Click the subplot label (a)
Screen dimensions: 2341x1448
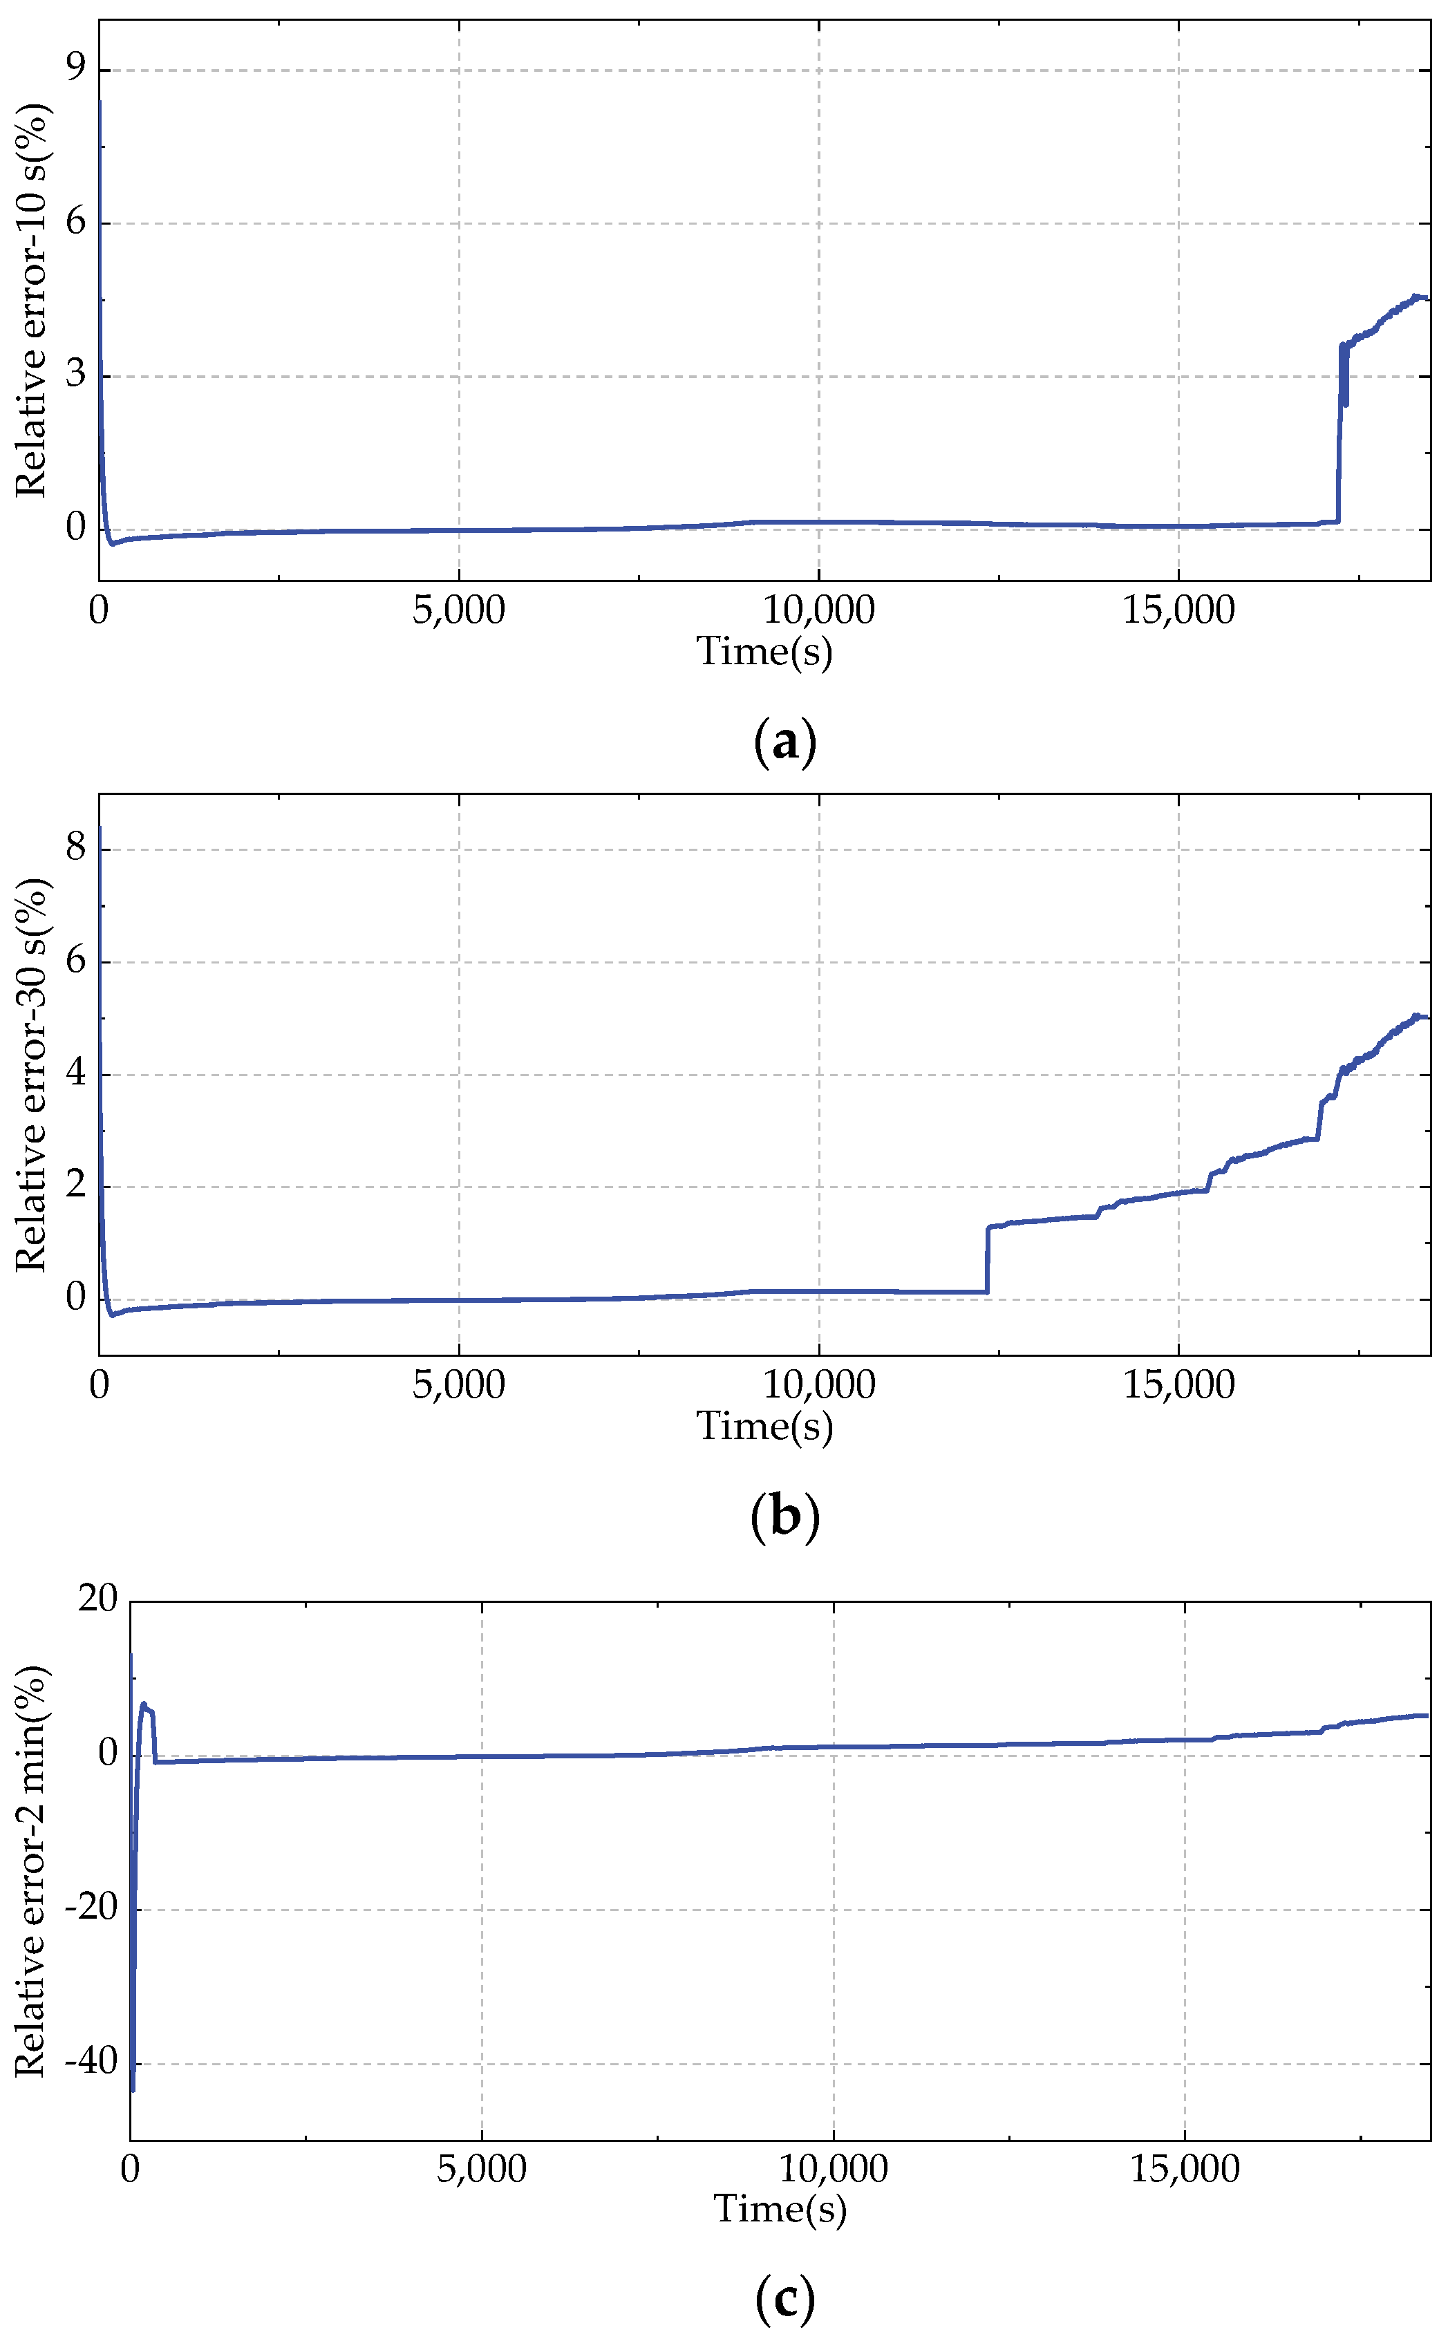pos(784,742)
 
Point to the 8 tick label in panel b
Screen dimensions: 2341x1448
pos(75,847)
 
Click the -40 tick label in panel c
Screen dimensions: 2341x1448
pos(90,2060)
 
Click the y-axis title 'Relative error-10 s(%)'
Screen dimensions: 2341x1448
pos(32,300)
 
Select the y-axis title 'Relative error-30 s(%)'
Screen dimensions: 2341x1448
pos(32,1075)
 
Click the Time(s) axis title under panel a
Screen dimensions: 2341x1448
pos(764,652)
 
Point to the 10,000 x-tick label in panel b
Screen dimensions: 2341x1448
pos(819,1384)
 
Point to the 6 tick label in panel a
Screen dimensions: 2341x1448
pos(75,221)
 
